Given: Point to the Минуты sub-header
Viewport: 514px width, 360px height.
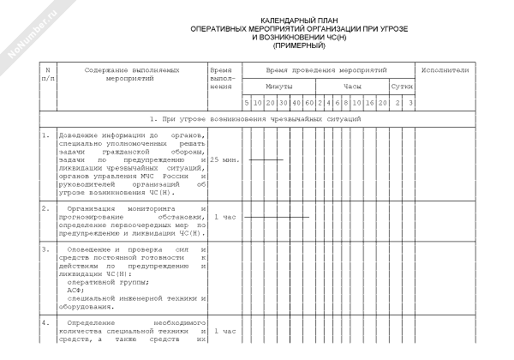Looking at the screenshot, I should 279,87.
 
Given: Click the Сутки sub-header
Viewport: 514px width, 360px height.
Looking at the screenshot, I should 402,87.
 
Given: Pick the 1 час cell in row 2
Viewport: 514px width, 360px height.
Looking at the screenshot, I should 224,217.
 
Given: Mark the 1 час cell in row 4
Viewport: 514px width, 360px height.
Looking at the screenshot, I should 224,331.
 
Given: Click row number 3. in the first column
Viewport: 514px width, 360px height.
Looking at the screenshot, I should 46,249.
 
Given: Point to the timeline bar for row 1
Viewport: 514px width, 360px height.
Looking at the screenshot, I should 265,160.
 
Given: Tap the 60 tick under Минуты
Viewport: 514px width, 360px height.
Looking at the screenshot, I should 309,104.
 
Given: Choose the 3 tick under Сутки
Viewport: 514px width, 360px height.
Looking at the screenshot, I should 410,104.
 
